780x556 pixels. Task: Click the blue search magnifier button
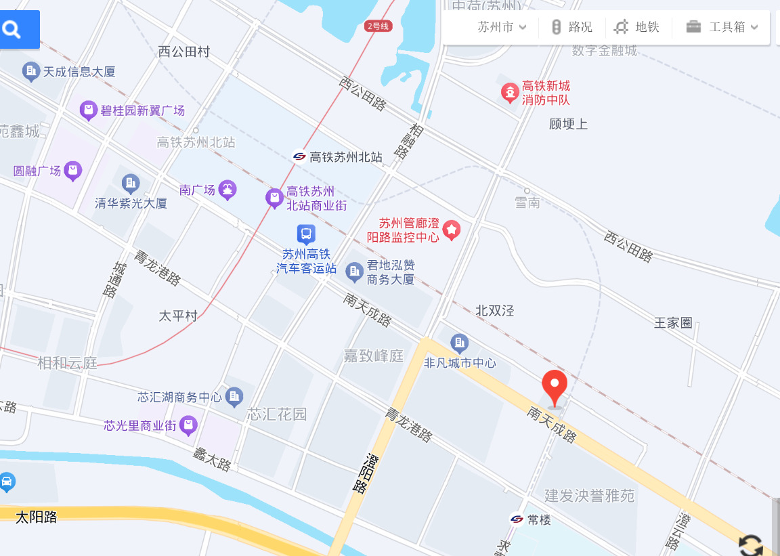[12, 29]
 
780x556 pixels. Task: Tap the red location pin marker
[555, 387]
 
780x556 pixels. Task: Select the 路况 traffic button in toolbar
[572, 27]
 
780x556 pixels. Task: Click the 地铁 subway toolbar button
[636, 27]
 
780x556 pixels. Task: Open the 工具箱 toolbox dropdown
[722, 27]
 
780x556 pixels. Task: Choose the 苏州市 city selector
[502, 27]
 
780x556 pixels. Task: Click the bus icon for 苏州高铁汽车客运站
[306, 234]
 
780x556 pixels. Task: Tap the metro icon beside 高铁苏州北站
[299, 156]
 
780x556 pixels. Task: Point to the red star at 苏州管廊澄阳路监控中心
[451, 230]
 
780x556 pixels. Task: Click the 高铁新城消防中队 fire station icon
[509, 92]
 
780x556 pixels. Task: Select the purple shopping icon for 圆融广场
[73, 171]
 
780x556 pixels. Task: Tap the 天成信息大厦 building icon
[30, 70]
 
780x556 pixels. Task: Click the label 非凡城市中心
[460, 363]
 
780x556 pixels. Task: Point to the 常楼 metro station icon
[517, 519]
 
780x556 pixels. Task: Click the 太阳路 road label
[37, 517]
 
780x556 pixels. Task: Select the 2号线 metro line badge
[378, 26]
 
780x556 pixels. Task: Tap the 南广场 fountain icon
[228, 190]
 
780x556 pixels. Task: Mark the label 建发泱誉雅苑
[590, 496]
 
